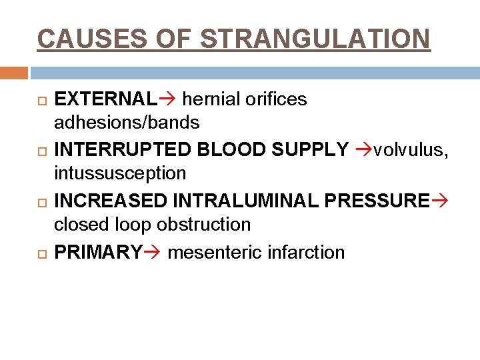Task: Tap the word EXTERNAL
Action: [105, 99]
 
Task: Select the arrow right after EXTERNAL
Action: [167, 99]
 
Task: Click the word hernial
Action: [208, 99]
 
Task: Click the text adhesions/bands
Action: [127, 123]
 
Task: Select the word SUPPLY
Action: [310, 150]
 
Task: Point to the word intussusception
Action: [120, 173]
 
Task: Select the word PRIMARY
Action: [98, 252]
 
